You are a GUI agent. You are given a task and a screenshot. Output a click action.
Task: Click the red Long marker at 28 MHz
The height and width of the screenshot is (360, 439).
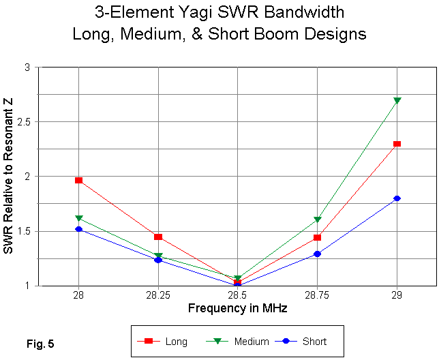[79, 180]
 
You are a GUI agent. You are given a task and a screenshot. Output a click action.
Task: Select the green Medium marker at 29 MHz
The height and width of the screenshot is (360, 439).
[397, 101]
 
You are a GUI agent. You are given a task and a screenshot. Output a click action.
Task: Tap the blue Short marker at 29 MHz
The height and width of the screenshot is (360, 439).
[397, 198]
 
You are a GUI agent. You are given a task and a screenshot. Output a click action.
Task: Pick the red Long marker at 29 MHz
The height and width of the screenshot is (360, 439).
[397, 144]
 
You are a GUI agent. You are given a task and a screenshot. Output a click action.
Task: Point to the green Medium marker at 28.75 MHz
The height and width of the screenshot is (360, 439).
[317, 220]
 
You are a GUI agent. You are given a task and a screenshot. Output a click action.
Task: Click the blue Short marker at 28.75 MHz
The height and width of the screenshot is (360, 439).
[317, 254]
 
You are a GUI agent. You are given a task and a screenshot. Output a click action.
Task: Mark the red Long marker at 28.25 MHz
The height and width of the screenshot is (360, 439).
[158, 237]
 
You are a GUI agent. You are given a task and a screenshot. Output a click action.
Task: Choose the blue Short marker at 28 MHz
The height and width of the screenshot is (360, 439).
[79, 229]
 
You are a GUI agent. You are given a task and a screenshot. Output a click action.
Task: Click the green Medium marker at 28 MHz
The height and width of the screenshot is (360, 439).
[79, 218]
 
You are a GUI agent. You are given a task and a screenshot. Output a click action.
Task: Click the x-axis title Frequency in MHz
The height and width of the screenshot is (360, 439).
[237, 308]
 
